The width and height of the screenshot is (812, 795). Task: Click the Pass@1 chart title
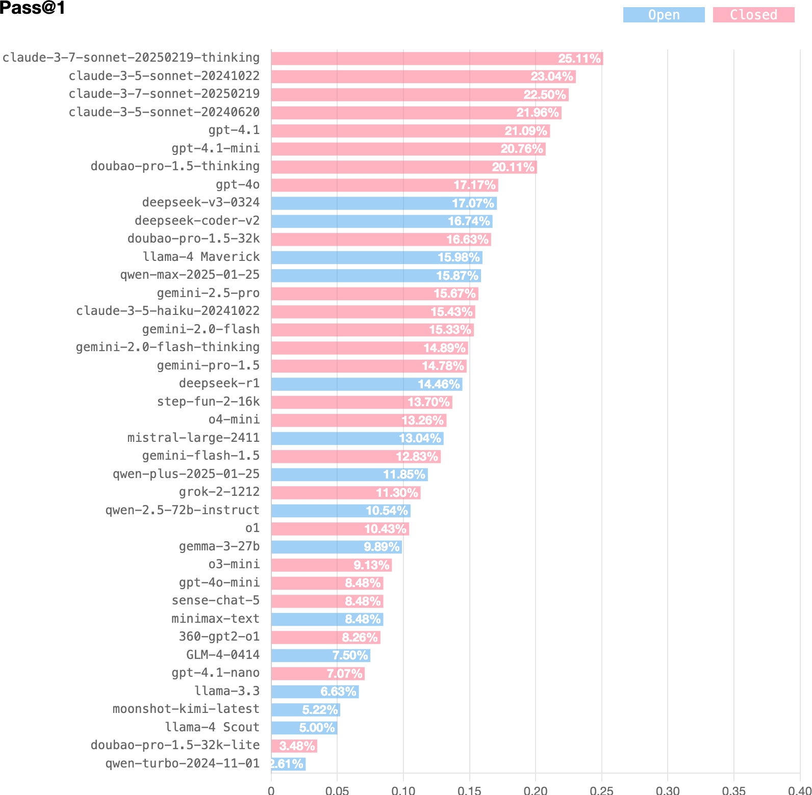point(33,8)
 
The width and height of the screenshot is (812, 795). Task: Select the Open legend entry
point(664,15)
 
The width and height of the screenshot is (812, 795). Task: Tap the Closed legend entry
point(753,15)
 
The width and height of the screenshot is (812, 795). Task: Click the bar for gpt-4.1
point(411,131)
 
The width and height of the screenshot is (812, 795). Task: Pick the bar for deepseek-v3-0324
point(384,203)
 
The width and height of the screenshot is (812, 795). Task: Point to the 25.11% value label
point(579,59)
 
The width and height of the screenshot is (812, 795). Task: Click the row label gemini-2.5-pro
point(208,293)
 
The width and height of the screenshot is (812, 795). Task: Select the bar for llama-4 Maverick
point(377,257)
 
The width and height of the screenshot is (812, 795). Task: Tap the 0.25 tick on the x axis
point(602,790)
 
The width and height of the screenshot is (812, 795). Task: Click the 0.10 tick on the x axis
point(403,790)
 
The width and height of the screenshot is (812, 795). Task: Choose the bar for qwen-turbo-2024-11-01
point(289,764)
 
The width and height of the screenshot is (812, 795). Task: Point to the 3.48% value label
point(297,746)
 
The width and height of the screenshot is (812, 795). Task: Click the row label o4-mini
point(234,419)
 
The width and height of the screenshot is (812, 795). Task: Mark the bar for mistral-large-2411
point(358,438)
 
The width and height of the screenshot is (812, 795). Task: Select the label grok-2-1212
point(219,492)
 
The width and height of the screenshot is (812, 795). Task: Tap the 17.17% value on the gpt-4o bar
point(475,185)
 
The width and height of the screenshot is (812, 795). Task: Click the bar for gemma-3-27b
point(337,547)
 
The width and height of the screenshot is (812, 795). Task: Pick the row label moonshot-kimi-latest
point(186,709)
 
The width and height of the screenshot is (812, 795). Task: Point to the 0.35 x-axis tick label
point(734,790)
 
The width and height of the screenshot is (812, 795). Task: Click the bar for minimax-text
point(327,619)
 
